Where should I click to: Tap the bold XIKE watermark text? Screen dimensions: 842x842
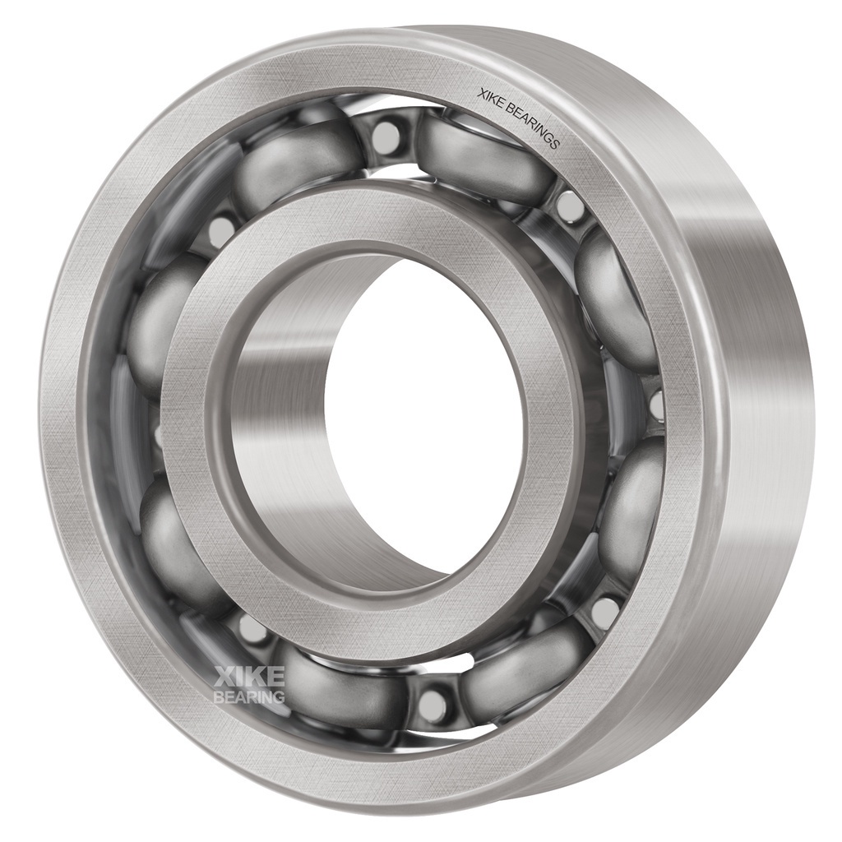[249, 676]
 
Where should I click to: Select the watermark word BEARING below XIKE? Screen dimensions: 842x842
[249, 696]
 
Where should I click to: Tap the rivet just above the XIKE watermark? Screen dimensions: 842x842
[248, 626]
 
